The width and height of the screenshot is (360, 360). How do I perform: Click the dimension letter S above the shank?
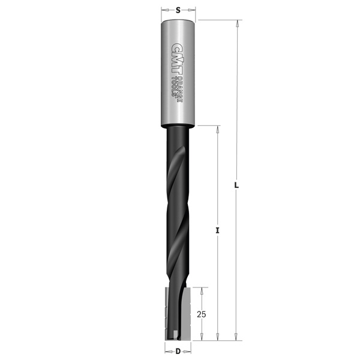178,10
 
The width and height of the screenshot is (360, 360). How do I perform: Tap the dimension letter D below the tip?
178,351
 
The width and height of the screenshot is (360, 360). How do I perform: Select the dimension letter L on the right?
236,185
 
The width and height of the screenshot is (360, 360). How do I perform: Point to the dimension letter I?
217,230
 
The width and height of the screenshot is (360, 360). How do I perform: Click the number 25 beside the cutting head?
202,314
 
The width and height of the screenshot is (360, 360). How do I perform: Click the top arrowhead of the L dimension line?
238,23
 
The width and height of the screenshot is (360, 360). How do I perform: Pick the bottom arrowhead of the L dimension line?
236,337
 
